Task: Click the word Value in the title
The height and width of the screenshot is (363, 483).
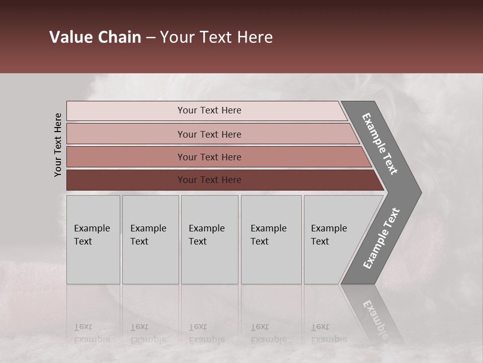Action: point(70,37)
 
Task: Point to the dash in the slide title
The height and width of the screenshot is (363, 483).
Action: point(150,38)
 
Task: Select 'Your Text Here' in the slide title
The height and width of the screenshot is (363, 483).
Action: point(216,37)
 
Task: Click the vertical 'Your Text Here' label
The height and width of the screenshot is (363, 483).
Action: point(58,145)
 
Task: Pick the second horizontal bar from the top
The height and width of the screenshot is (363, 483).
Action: point(209,134)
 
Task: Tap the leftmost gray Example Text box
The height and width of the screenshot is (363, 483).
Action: point(93,239)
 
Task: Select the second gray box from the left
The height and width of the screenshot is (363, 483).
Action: point(150,239)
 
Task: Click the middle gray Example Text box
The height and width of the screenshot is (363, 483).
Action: point(209,239)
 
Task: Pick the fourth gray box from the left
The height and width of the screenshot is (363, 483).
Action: point(271,239)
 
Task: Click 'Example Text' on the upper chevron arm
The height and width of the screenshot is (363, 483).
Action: point(380,144)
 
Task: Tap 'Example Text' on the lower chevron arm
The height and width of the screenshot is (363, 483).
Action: point(381,238)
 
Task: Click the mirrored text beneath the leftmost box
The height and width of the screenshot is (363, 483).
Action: point(92,333)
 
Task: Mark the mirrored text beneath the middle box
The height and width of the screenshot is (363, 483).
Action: point(207,333)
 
